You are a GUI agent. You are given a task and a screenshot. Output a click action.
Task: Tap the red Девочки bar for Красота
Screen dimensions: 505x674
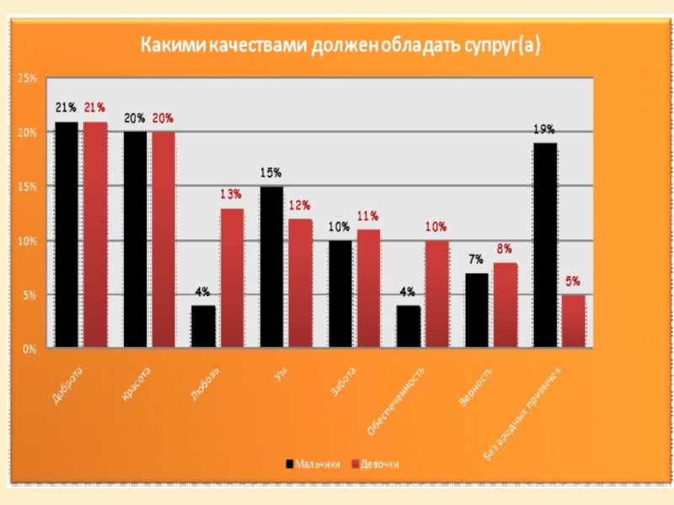(163, 239)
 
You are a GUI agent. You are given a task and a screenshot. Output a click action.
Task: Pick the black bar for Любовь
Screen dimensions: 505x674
(203, 327)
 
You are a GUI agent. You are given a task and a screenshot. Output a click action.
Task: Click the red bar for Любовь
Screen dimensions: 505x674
(232, 278)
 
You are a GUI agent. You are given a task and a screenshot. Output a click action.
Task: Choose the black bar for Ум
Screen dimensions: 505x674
(271, 267)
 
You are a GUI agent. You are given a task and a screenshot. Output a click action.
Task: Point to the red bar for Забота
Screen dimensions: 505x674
(368, 288)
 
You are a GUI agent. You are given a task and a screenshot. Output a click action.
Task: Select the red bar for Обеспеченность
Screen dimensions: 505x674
(436, 294)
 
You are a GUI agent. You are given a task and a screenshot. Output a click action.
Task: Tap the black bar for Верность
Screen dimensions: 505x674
(477, 310)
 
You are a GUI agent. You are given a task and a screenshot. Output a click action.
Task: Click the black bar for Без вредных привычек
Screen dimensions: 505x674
(545, 245)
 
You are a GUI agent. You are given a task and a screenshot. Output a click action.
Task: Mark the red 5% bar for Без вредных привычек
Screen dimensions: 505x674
(573, 321)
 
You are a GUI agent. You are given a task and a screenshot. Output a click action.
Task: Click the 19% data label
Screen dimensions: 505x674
(543, 130)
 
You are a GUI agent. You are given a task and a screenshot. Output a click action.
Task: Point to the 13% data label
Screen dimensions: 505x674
(231, 194)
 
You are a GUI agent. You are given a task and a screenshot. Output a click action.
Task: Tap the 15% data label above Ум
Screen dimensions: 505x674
(270, 173)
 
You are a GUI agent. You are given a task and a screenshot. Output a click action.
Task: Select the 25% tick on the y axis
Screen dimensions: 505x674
(27, 78)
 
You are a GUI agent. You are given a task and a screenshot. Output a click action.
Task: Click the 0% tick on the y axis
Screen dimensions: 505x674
(29, 348)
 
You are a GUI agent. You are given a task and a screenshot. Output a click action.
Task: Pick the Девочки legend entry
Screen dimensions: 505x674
(374, 464)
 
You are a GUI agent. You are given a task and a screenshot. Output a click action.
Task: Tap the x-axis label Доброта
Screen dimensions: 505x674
(67, 388)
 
